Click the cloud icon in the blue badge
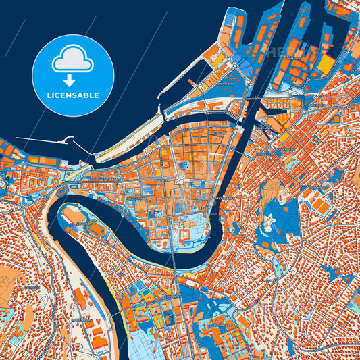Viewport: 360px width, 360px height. (x=73, y=59)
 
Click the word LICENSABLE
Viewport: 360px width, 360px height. (x=73, y=95)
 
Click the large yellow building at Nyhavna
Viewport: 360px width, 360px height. (x=326, y=65)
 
